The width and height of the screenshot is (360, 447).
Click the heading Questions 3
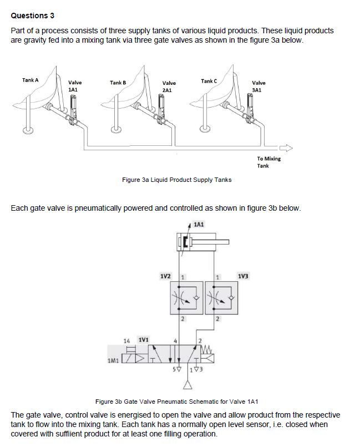(x=33, y=15)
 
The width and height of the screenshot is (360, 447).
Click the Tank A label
(x=31, y=80)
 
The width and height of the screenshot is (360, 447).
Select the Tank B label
(x=118, y=83)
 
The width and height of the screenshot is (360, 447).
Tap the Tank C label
(x=209, y=81)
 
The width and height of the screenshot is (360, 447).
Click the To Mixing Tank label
(x=268, y=161)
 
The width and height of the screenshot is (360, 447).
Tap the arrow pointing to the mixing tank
(x=285, y=148)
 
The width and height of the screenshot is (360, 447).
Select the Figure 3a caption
(x=176, y=179)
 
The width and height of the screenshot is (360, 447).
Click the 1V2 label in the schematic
(x=165, y=276)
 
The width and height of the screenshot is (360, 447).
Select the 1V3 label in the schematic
(x=243, y=276)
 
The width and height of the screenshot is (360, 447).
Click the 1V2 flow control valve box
(x=187, y=297)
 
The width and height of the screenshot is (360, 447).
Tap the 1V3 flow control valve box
(x=220, y=297)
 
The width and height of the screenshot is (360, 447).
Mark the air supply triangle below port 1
(x=192, y=384)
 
